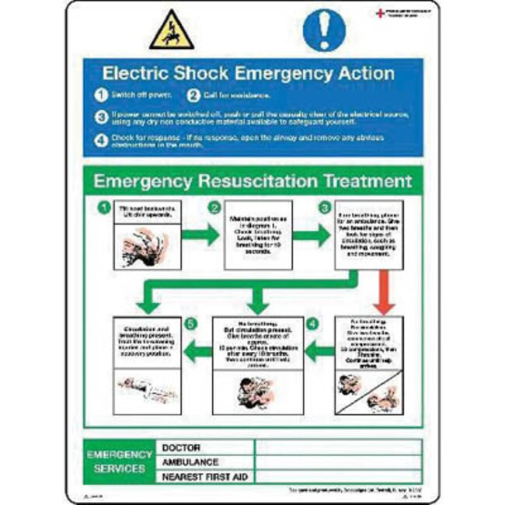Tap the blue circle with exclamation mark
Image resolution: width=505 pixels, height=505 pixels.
tap(322, 32)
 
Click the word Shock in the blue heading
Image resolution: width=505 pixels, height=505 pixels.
tap(211, 75)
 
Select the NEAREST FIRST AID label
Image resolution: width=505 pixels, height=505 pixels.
tap(204, 476)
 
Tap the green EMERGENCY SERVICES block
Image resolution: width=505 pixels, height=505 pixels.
tap(120, 461)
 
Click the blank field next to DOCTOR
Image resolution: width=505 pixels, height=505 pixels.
tap(338, 448)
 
